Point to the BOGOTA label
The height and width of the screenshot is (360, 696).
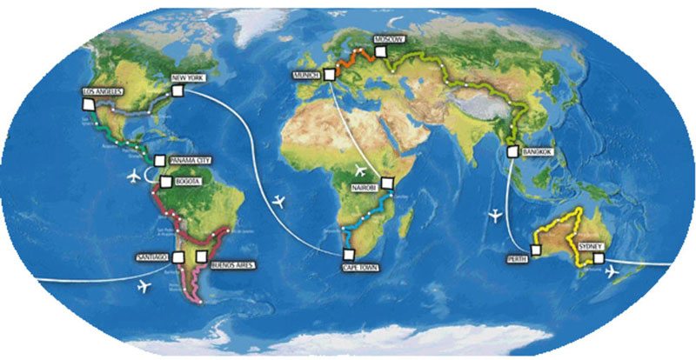[x=188, y=182]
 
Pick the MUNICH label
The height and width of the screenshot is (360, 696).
[x=307, y=76]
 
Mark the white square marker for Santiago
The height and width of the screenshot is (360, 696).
[x=178, y=257]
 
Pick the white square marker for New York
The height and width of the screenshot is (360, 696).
[x=178, y=90]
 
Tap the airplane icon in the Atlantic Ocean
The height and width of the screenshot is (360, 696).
[x=278, y=202]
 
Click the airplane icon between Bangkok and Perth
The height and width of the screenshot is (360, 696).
[x=497, y=213]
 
